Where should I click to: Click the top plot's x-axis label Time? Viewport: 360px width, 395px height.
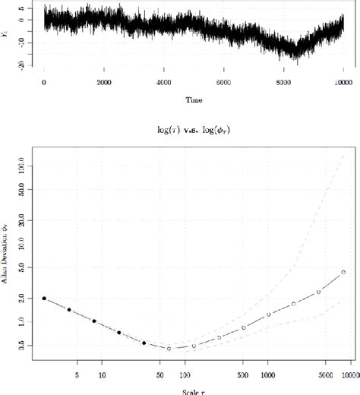pyautogui.click(x=194, y=99)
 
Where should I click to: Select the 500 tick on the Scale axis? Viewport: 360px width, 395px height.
pyautogui.click(x=244, y=374)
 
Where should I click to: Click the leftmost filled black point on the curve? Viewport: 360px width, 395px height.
pyautogui.click(x=44, y=299)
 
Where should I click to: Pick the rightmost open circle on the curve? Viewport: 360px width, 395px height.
pyautogui.click(x=343, y=272)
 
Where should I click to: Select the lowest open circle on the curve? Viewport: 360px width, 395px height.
pyautogui.click(x=169, y=349)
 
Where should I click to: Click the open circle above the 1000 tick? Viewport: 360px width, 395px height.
pyautogui.click(x=268, y=314)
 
